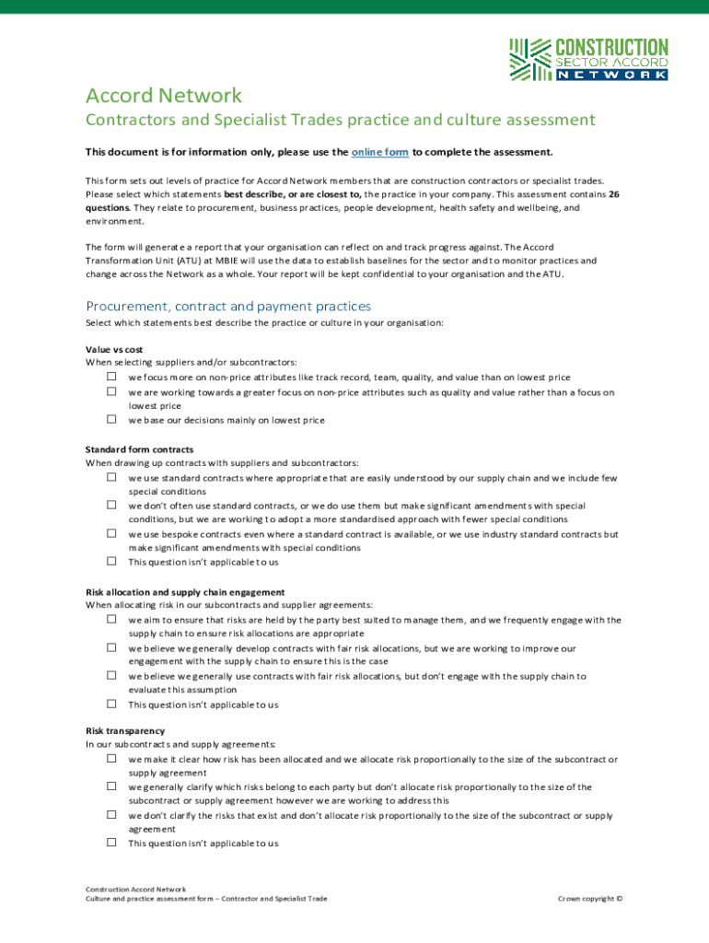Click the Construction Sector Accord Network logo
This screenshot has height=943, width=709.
588,59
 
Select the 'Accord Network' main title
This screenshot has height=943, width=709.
164,95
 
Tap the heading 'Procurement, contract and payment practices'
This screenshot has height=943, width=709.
228,306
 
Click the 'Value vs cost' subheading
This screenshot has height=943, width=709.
114,350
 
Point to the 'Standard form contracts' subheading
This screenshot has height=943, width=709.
140,449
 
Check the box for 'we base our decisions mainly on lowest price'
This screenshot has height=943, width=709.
110,419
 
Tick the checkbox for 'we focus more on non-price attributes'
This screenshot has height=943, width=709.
110,377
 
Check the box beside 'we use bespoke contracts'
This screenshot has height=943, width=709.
110,533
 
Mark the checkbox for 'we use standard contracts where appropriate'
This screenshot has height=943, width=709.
110,477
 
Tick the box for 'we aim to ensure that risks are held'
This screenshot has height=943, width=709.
110,619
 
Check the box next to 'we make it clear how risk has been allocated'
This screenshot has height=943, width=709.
110,758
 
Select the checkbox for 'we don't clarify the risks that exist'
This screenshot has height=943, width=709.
110,814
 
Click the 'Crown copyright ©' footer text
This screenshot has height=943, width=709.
590,899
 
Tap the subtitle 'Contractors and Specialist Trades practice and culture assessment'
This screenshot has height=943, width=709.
341,120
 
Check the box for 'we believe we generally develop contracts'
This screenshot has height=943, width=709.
110,647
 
